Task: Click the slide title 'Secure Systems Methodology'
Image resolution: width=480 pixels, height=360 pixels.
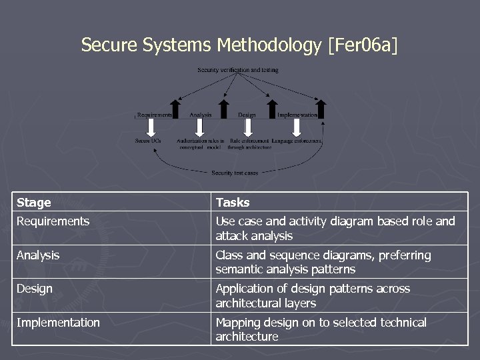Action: (201, 45)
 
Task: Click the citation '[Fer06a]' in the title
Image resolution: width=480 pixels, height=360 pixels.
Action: (362, 45)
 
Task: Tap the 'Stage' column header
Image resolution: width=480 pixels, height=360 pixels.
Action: (34, 202)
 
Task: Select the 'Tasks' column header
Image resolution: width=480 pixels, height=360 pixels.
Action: (233, 202)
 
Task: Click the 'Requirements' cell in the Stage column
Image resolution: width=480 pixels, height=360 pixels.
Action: (53, 221)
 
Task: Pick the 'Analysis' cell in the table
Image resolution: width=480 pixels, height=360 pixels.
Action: (38, 255)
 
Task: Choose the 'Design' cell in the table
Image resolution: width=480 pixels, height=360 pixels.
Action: (35, 289)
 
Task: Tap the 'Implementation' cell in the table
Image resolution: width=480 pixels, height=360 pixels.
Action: (58, 323)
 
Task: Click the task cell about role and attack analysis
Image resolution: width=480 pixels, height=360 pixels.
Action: (335, 229)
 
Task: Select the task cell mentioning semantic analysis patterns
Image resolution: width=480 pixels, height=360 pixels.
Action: (323, 262)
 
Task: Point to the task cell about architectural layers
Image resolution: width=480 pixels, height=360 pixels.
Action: (313, 296)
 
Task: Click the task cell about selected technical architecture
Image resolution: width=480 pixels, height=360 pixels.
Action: (321, 329)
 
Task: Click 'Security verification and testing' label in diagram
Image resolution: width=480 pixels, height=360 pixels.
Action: (238, 70)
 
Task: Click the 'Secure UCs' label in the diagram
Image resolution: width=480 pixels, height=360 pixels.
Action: (148, 141)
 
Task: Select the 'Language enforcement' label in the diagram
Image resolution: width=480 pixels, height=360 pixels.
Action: (297, 141)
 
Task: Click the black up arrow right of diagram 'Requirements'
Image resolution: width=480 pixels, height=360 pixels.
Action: (175, 108)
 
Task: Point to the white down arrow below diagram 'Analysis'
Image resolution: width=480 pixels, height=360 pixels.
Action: (199, 127)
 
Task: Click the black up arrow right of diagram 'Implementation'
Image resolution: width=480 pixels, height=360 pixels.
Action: (321, 108)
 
